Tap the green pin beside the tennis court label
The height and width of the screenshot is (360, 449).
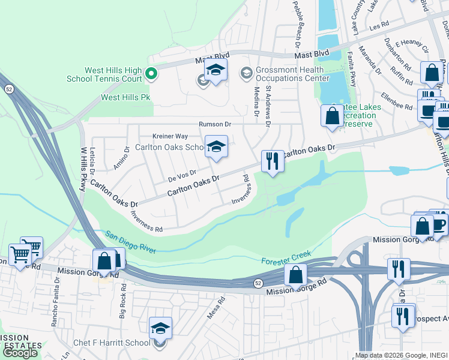pos(151,74)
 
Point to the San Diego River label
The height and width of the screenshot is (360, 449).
pos(130,241)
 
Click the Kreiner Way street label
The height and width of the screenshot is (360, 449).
pos(170,136)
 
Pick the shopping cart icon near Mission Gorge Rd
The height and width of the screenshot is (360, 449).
pos(20,254)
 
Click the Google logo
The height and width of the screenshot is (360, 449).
pos(20,353)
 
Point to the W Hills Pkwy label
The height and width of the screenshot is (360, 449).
pos(83,170)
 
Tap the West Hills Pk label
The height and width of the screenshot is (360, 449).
pos(125,97)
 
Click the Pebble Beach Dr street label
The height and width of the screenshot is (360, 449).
pos(296,23)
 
